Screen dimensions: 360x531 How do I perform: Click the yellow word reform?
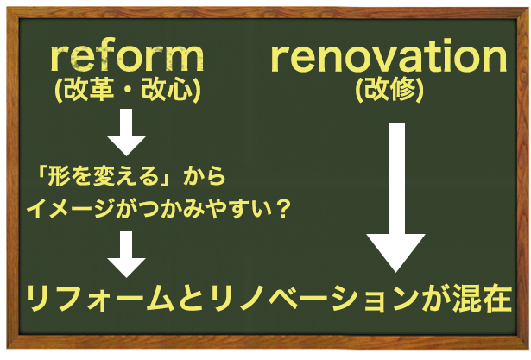tap(127, 58)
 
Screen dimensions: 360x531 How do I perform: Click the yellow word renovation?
tap(388, 58)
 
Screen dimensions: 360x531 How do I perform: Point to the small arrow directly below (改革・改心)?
tap(127, 130)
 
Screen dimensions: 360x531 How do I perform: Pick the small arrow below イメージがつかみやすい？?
tap(127, 251)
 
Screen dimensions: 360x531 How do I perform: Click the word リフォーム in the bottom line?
tap(95, 299)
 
